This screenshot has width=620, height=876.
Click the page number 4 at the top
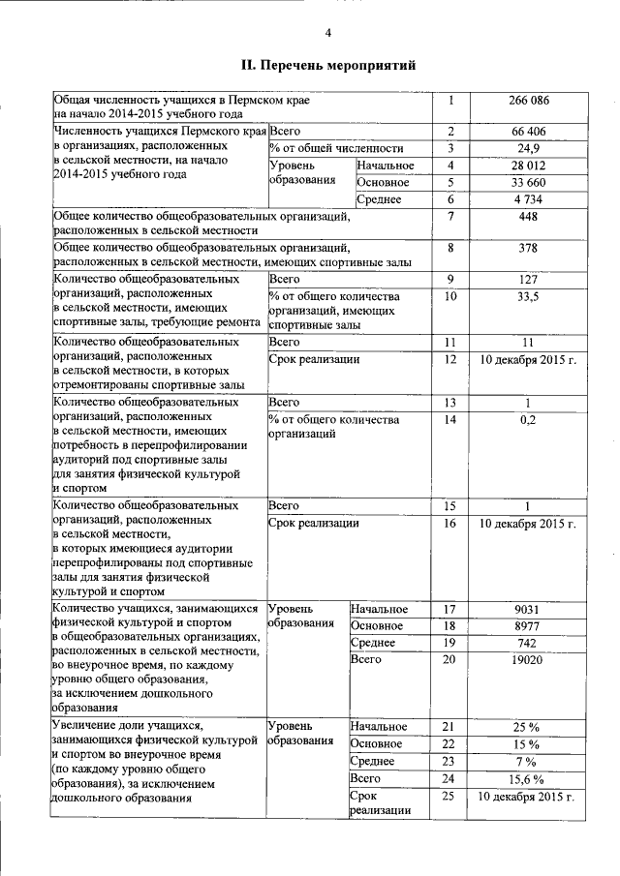(327, 34)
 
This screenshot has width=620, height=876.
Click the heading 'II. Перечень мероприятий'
(328, 66)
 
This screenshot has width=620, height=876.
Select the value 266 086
(528, 100)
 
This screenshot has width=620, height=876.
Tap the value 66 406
(528, 131)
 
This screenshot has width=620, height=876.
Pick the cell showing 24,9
(528, 148)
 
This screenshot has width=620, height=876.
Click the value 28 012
(528, 166)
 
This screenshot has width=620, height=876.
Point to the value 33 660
(528, 182)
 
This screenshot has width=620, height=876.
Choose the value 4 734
(528, 199)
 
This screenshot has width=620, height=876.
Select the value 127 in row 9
(528, 280)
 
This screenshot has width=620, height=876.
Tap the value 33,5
(528, 296)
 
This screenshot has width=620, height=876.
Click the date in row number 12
(528, 359)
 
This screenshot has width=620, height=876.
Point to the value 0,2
(528, 420)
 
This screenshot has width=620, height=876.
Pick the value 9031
(528, 609)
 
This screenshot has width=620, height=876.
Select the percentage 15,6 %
(528, 778)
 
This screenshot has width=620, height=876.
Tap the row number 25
(448, 796)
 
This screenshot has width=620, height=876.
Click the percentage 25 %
(528, 727)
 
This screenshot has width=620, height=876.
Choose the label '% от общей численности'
(336, 148)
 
